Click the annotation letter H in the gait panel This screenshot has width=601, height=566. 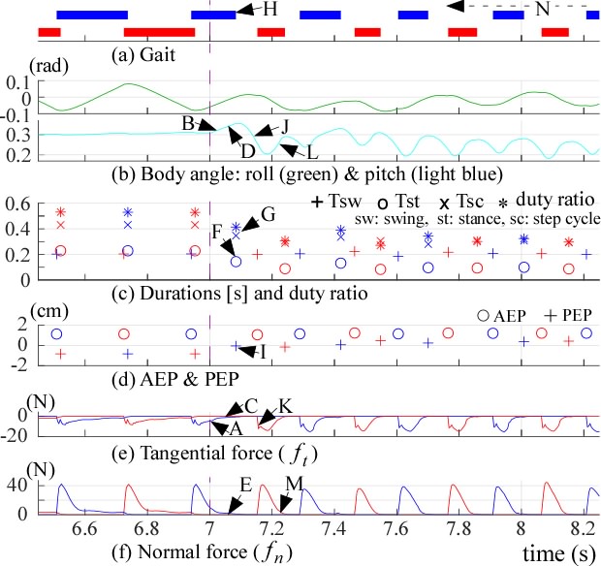pyautogui.click(x=270, y=9)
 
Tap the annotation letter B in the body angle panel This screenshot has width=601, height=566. pyautogui.click(x=187, y=123)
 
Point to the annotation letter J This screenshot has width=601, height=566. pyautogui.click(x=285, y=126)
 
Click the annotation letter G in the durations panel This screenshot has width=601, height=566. pyautogui.click(x=269, y=213)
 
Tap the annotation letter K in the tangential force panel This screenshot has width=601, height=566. pyautogui.click(x=283, y=404)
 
